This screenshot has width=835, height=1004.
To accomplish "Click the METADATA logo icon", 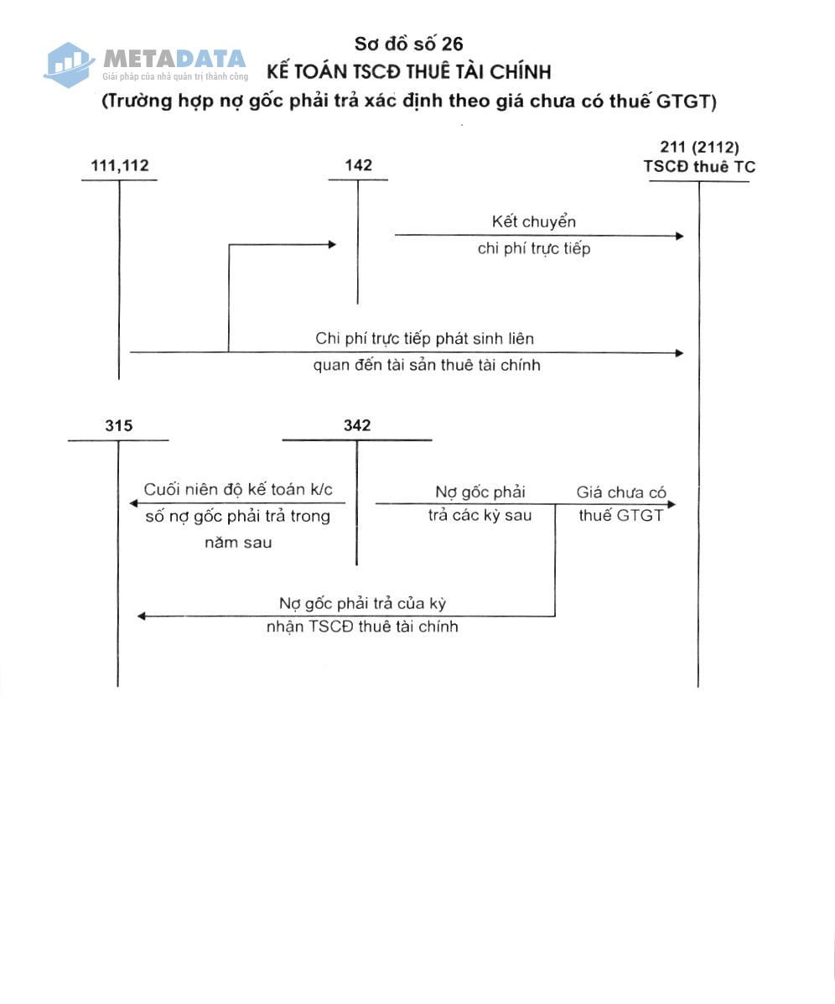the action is coord(68,65).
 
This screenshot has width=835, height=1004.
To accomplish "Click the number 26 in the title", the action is coord(452,44).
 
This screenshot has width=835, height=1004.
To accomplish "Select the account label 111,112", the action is coord(120,166).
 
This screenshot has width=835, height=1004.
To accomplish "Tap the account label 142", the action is coord(358,165).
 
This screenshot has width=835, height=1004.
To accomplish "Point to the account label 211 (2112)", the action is coord(699,148).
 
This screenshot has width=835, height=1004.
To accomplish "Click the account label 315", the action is coord(119,426).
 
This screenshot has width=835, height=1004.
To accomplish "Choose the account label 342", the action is coord(357,426).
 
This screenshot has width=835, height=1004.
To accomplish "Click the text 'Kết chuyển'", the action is coord(534,221).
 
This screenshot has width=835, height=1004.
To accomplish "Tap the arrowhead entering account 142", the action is coord(332,244).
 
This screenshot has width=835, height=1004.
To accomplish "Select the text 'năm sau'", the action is coord(238,543).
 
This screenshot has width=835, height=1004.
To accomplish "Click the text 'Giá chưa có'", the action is coord(620,492).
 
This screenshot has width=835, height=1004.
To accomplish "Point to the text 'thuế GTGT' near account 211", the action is coord(620,516).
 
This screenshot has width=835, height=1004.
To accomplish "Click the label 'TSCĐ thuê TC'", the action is coord(699,166).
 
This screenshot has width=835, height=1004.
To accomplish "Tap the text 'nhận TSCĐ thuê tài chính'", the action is coord(362,627).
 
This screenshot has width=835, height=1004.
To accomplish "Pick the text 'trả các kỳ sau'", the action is coord(480,516).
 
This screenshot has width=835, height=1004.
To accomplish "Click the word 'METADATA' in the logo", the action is coord(174,59).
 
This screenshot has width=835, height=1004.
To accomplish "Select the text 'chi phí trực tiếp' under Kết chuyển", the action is coord(534,248).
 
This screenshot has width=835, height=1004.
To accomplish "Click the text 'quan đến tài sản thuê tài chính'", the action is coord(427,365).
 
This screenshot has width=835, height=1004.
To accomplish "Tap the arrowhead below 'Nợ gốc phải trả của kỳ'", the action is coord(142,616).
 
